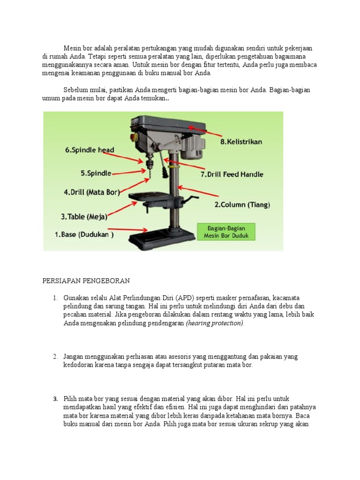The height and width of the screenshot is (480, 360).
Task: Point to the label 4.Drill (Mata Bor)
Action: (x=91, y=192)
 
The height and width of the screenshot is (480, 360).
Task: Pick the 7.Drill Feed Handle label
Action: (x=232, y=174)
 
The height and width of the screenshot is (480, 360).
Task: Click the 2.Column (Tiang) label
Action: (x=242, y=205)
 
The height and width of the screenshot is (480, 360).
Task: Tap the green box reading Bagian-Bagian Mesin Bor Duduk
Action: (x=226, y=232)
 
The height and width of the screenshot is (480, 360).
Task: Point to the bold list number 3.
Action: (x=55, y=398)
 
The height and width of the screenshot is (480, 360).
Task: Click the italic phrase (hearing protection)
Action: (x=215, y=323)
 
